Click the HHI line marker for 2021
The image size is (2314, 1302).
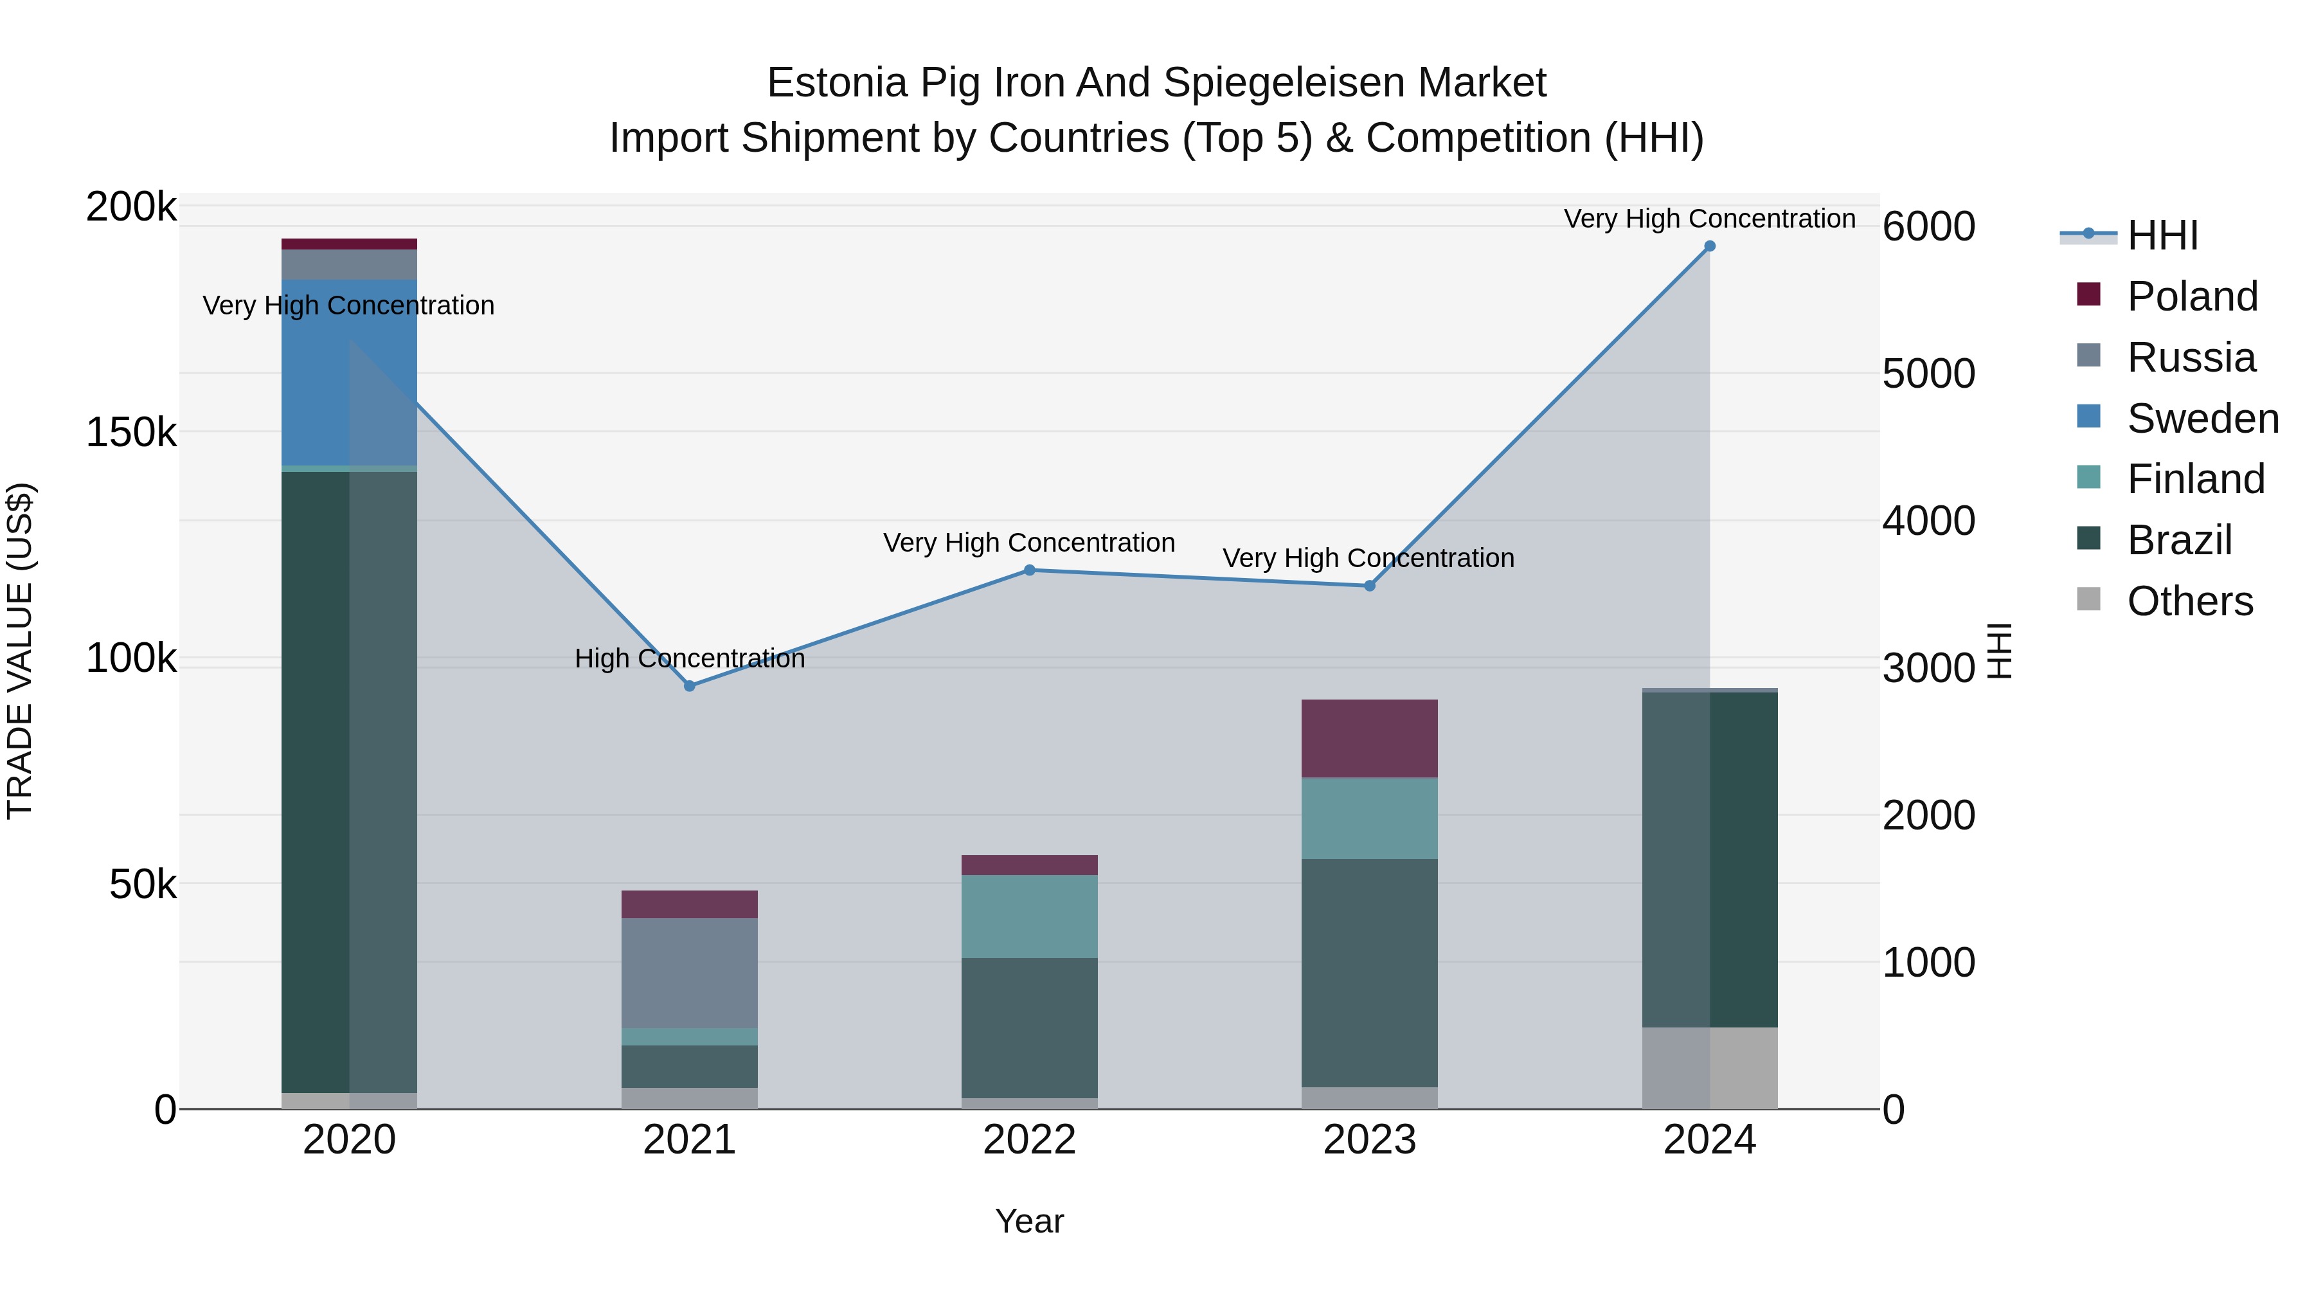[689, 685]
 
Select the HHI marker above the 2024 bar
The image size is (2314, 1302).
[1709, 246]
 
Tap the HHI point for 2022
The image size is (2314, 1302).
[1030, 570]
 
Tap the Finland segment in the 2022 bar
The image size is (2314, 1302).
[1030, 916]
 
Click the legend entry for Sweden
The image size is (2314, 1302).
[2201, 419]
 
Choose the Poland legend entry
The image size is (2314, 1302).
[2191, 296]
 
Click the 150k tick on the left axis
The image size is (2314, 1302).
[131, 432]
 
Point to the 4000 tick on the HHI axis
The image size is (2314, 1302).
[1928, 521]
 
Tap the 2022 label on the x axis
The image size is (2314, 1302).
[1030, 1140]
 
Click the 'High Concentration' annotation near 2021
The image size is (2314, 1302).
[689, 658]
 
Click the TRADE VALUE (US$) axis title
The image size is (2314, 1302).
[20, 651]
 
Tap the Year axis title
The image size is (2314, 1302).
[1030, 1221]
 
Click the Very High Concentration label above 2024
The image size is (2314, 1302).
[1709, 219]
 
